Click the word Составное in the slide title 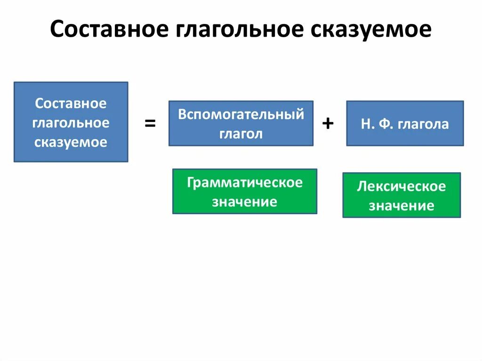click(x=110, y=30)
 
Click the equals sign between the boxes click(x=150, y=124)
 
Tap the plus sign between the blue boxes click(x=328, y=124)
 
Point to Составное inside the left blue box click(x=71, y=103)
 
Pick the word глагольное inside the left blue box click(x=71, y=123)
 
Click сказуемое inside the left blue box click(x=71, y=142)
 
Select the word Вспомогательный click(x=241, y=114)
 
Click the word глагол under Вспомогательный click(x=241, y=134)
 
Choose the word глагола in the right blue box click(x=423, y=124)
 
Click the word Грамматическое click(x=245, y=183)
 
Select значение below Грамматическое click(x=245, y=202)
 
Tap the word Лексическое click(x=402, y=186)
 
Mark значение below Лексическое click(x=402, y=206)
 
